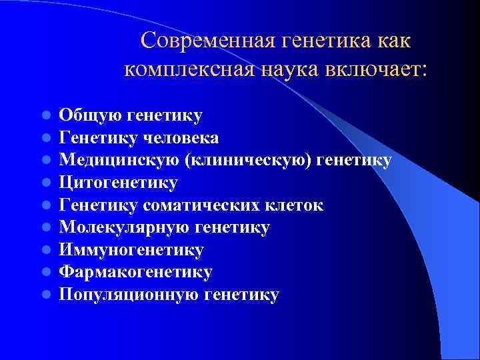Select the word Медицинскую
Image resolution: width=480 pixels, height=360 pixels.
[x=119, y=160]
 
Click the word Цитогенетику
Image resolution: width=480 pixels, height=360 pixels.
[x=119, y=183]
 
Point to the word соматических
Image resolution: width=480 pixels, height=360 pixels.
[x=198, y=205]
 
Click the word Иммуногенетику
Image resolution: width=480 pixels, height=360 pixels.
[x=131, y=250]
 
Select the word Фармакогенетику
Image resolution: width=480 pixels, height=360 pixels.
[x=135, y=272]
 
